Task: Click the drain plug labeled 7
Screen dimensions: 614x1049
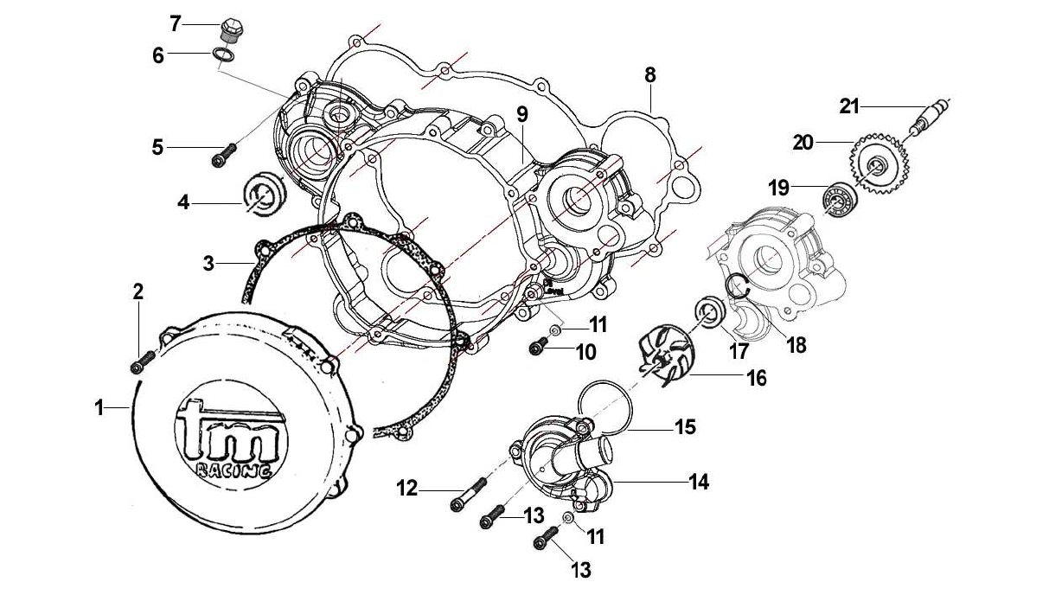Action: (x=231, y=29)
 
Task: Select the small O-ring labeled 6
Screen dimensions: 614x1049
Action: (x=223, y=56)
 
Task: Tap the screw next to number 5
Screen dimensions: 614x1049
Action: (x=222, y=157)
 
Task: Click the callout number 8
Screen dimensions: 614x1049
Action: (x=649, y=74)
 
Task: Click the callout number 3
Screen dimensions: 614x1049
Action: (x=208, y=262)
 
